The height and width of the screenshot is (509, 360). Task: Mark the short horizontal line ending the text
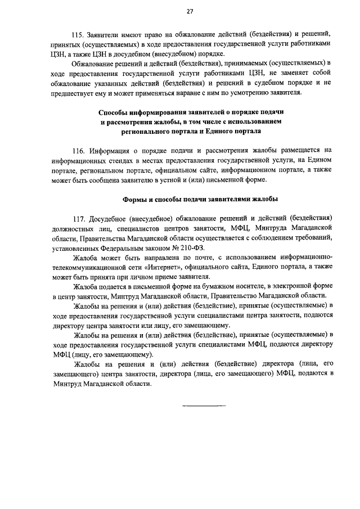tap(203, 405)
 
